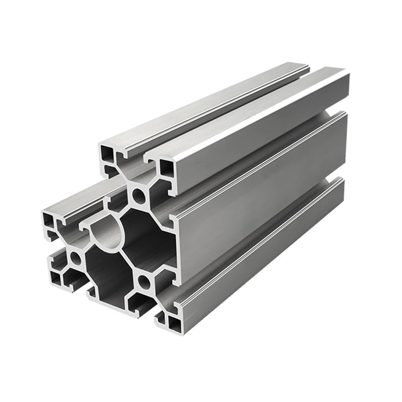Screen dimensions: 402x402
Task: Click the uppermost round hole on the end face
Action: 139,197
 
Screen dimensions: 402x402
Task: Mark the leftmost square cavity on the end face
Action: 50,221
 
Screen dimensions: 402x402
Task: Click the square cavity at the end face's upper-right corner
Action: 167,168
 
